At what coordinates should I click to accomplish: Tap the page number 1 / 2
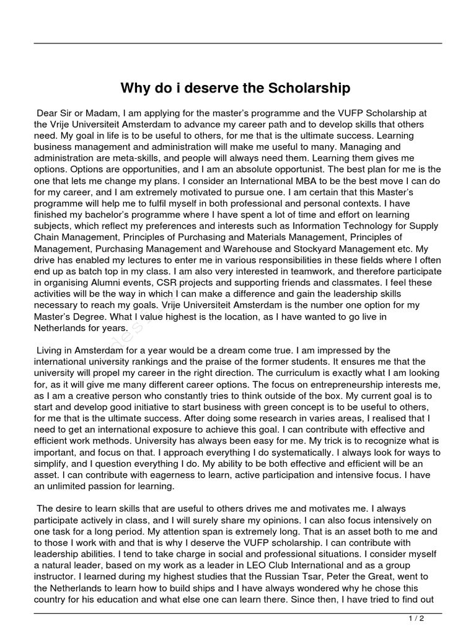point(416,618)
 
